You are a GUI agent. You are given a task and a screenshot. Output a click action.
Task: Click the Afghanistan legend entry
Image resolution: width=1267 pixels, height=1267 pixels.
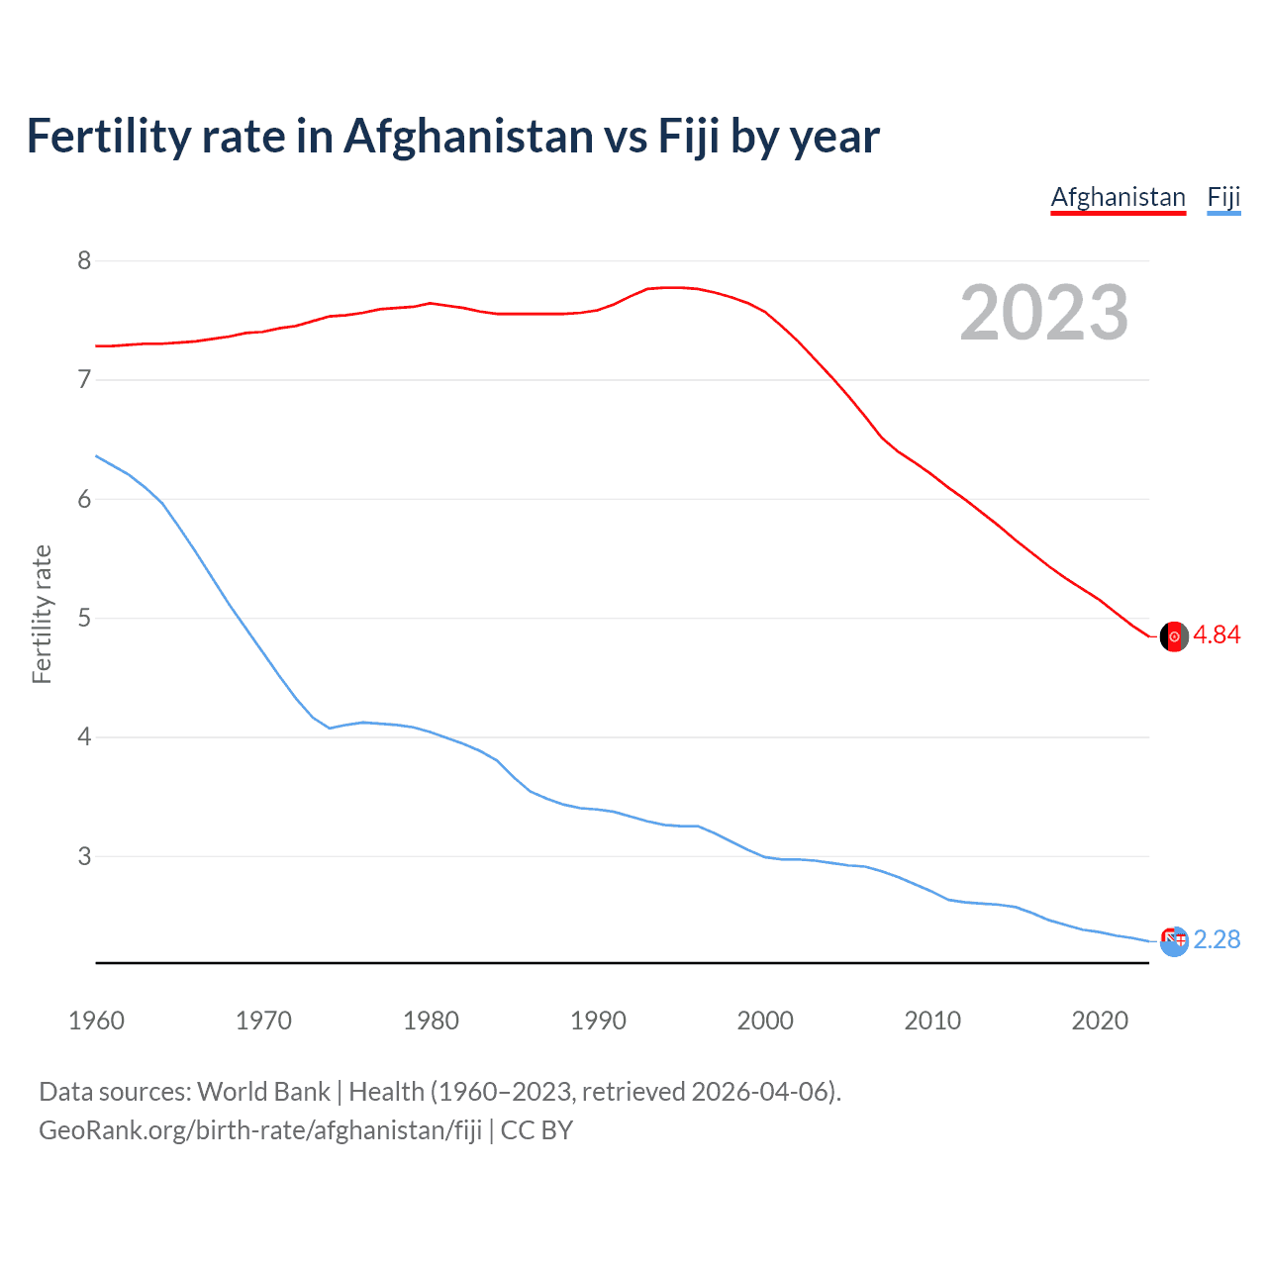tap(1118, 197)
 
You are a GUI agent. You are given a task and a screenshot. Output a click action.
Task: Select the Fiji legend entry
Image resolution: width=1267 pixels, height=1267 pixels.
tap(1223, 197)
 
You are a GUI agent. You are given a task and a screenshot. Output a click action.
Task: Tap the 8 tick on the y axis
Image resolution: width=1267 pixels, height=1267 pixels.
tap(83, 260)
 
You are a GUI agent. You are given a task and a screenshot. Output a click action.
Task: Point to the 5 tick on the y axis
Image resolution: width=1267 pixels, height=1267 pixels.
tap(83, 619)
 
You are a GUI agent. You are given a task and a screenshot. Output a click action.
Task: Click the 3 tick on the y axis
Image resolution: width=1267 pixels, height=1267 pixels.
tap(83, 856)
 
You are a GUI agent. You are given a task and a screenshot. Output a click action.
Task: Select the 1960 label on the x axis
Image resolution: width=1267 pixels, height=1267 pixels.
tap(96, 1021)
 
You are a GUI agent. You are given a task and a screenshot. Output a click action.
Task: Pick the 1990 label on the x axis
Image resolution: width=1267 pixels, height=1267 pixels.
tap(598, 1021)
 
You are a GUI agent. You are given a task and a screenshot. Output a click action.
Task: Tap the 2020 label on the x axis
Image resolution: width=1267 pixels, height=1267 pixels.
tap(1100, 1021)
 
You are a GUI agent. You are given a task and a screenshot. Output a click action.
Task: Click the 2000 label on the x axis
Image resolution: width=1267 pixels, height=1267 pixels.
tap(765, 1021)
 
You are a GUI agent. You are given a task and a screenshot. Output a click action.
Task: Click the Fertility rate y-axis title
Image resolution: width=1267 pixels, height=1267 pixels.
tap(42, 614)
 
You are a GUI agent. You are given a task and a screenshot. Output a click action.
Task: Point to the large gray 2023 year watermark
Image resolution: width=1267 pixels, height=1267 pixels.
tap(1044, 313)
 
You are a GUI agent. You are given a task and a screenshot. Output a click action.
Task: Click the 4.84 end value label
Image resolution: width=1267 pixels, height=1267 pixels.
tap(1217, 635)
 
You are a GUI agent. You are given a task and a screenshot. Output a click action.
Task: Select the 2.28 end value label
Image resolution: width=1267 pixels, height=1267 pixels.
tap(1217, 939)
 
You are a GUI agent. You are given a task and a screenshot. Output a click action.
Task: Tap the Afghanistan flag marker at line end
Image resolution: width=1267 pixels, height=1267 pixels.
tap(1174, 636)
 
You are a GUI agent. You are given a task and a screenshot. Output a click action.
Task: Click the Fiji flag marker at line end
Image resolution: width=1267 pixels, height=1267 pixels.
tap(1174, 941)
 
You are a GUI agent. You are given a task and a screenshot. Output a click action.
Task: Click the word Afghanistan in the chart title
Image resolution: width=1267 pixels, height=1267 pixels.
tap(467, 136)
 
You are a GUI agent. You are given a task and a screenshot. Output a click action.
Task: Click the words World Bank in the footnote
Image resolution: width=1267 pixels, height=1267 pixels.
tap(263, 1092)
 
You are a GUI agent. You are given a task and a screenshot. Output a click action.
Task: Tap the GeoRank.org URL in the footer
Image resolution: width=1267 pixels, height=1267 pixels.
tap(260, 1130)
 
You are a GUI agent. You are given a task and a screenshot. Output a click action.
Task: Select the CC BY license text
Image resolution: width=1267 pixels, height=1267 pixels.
tap(536, 1130)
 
